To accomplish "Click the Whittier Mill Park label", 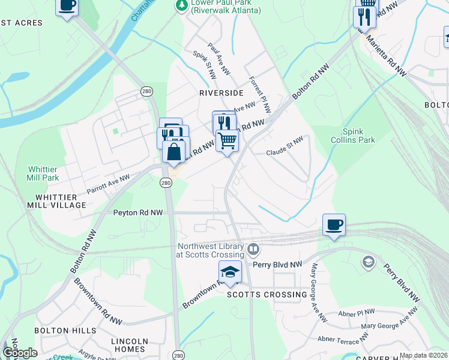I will point(43,174).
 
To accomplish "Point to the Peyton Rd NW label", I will point(138,212).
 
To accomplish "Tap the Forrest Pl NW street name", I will point(260,95).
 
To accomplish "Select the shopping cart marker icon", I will point(228,140).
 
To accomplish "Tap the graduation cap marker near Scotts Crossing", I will point(230,272).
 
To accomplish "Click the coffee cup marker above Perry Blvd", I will point(334,224).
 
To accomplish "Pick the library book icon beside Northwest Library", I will point(253,248).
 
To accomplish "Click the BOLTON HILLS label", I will point(65,331).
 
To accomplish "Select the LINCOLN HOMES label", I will point(129,345).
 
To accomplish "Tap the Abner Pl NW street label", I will point(357,312).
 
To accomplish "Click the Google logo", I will point(20,353).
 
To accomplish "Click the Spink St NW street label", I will point(204,62).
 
